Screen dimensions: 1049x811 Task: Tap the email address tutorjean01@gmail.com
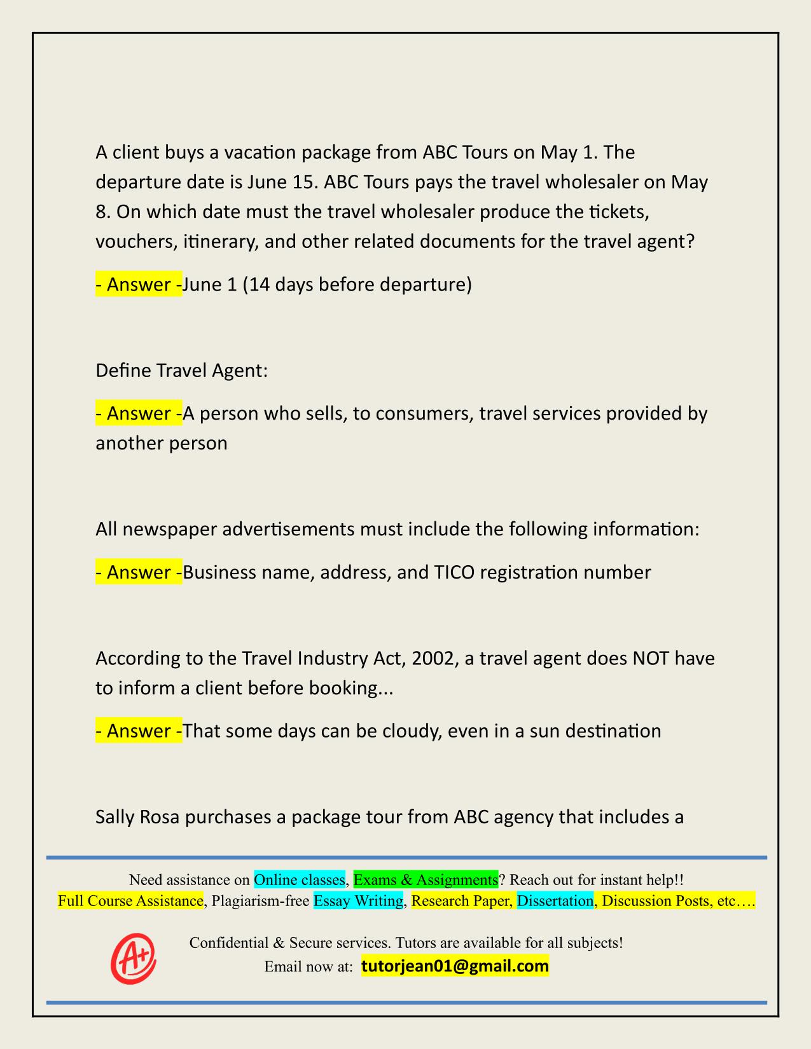pyautogui.click(x=455, y=966)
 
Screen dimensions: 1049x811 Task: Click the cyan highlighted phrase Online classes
pyautogui.click(x=300, y=880)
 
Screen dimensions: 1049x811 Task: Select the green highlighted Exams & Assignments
pyautogui.click(x=426, y=880)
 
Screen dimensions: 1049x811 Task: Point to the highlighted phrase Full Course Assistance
pyautogui.click(x=130, y=901)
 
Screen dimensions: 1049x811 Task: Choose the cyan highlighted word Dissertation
pyautogui.click(x=555, y=901)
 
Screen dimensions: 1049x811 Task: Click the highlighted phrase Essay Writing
pyautogui.click(x=358, y=901)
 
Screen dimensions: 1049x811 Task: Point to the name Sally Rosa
pyautogui.click(x=139, y=817)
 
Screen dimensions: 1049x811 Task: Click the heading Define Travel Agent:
pyautogui.click(x=181, y=371)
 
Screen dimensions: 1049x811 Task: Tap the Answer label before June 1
pyautogui.click(x=139, y=284)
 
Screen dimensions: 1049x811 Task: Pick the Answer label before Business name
pyautogui.click(x=139, y=573)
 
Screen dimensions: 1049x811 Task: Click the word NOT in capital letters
pyautogui.click(x=651, y=658)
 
